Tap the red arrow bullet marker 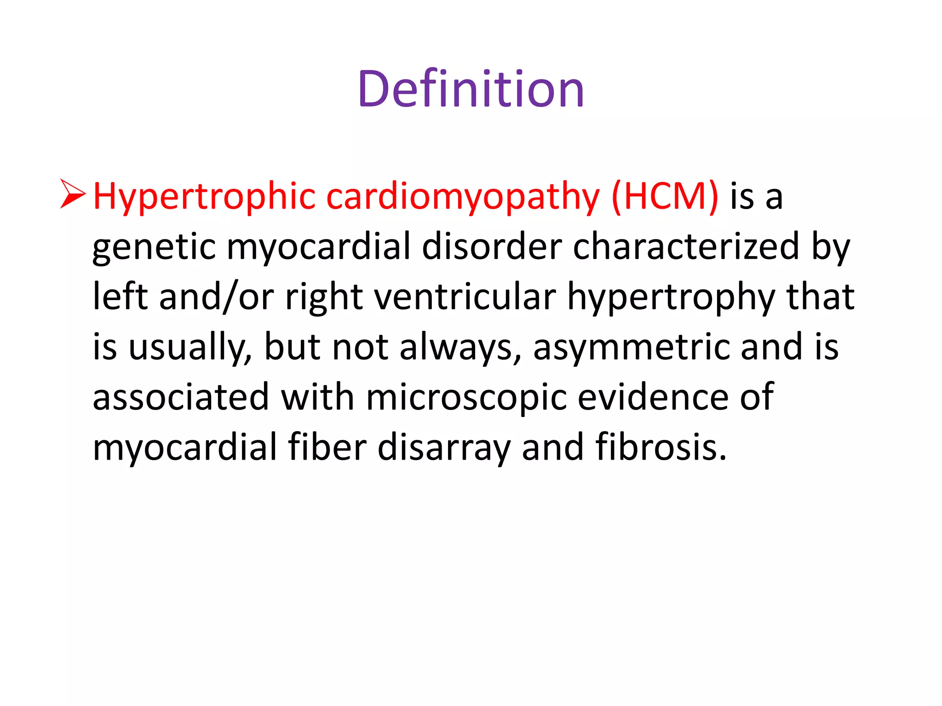(73, 194)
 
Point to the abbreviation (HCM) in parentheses (665, 197)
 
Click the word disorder (492, 246)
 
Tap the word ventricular (465, 297)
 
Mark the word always (460, 347)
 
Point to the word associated (181, 397)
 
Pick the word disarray (444, 448)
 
